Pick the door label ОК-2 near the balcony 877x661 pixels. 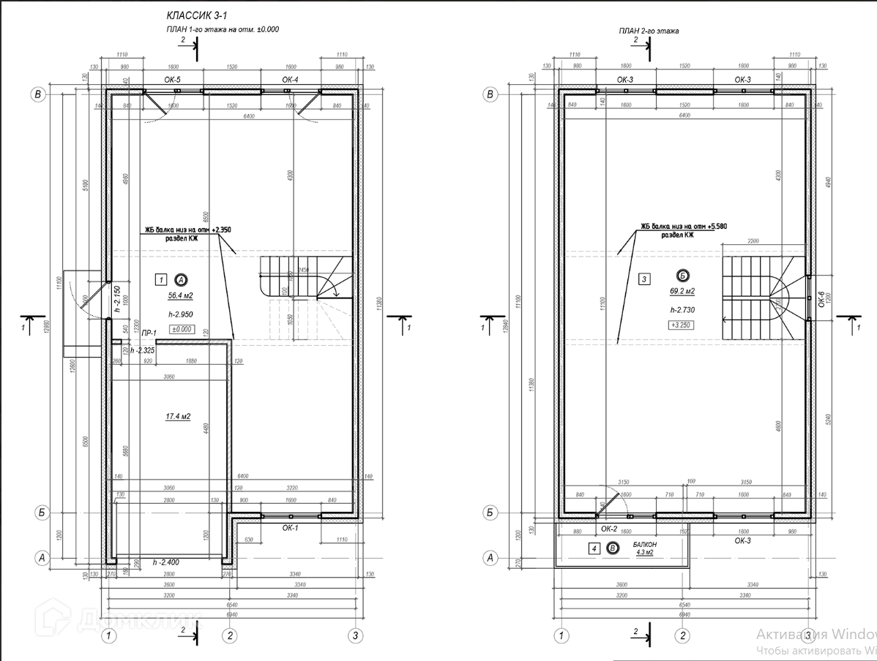[x=609, y=528]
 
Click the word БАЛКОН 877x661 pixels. [x=643, y=545]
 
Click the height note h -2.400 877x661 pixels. [x=167, y=563]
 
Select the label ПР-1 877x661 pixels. [x=149, y=333]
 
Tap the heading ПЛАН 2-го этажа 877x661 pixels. [x=649, y=31]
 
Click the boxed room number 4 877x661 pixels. [x=594, y=548]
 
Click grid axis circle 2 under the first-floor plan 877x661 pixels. [x=230, y=635]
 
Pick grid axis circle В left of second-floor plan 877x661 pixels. [x=491, y=94]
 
